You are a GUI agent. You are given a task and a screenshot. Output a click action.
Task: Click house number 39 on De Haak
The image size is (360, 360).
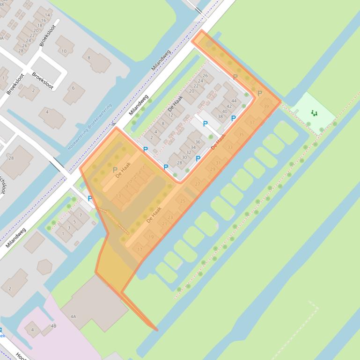pos(266,107)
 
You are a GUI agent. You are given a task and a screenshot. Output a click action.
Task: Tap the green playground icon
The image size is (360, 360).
pos(314,113)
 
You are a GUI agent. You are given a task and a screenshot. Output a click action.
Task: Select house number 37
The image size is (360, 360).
pos(252,122)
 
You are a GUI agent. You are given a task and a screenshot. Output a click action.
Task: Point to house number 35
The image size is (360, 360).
pos(241,135)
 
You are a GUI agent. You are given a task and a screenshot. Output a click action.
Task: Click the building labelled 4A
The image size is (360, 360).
pos(73,317)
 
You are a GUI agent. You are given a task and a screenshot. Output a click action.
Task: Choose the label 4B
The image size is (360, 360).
pos(53,326)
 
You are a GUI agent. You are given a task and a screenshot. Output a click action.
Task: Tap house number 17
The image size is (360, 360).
pos(140,250)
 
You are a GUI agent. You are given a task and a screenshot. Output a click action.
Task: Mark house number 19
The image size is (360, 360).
pos(151,237)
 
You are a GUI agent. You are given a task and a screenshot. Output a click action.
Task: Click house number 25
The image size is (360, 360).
pos(183,201)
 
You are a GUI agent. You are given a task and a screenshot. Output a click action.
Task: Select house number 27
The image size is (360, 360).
pos(197,184)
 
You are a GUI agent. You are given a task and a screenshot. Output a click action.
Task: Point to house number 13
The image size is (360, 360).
pos(118,196)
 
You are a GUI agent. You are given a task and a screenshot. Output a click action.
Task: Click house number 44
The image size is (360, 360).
pos(234,101)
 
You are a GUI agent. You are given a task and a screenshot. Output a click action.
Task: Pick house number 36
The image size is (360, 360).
pos(198,142)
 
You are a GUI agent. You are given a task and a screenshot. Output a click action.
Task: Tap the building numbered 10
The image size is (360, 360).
pos(64,51)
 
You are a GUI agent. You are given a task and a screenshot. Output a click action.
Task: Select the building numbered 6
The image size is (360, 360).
pos(73,88)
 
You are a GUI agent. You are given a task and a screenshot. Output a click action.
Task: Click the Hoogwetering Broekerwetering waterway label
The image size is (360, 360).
pos(90,126)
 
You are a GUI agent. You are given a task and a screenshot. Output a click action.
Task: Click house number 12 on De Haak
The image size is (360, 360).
pos(170,115)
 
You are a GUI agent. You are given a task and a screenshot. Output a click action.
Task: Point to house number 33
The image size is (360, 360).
pos(230,147)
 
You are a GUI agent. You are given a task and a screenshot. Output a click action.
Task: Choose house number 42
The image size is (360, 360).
pos(229,106)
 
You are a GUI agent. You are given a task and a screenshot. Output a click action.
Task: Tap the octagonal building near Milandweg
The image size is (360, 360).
pos(44,266)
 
